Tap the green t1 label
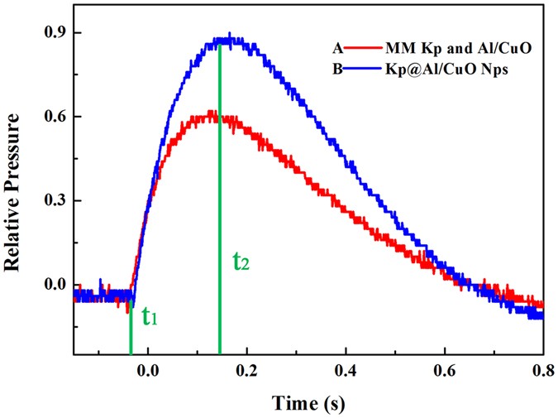(150, 317)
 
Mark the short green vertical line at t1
(131, 331)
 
